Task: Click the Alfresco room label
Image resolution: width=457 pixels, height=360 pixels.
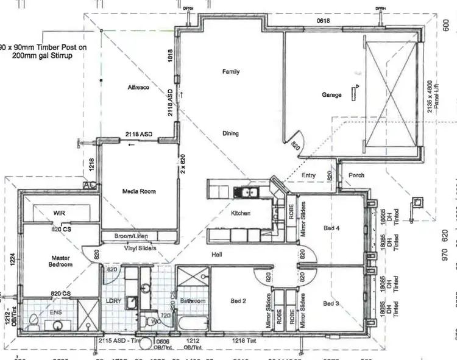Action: (138, 88)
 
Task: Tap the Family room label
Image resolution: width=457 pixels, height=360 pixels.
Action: (230, 72)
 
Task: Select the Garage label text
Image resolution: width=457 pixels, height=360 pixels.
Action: (332, 95)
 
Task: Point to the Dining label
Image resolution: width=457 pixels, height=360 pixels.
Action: (230, 133)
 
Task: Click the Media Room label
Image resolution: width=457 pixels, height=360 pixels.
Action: (140, 191)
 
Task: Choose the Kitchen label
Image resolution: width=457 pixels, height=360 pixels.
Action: (241, 214)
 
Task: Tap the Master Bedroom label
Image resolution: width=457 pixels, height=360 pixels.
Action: (61, 261)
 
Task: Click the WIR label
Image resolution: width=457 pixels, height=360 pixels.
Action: (59, 213)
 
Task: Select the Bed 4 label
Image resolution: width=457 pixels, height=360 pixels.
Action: (331, 228)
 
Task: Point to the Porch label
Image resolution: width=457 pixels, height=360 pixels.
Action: (356, 175)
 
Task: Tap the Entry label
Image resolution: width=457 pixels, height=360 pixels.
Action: (309, 175)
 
